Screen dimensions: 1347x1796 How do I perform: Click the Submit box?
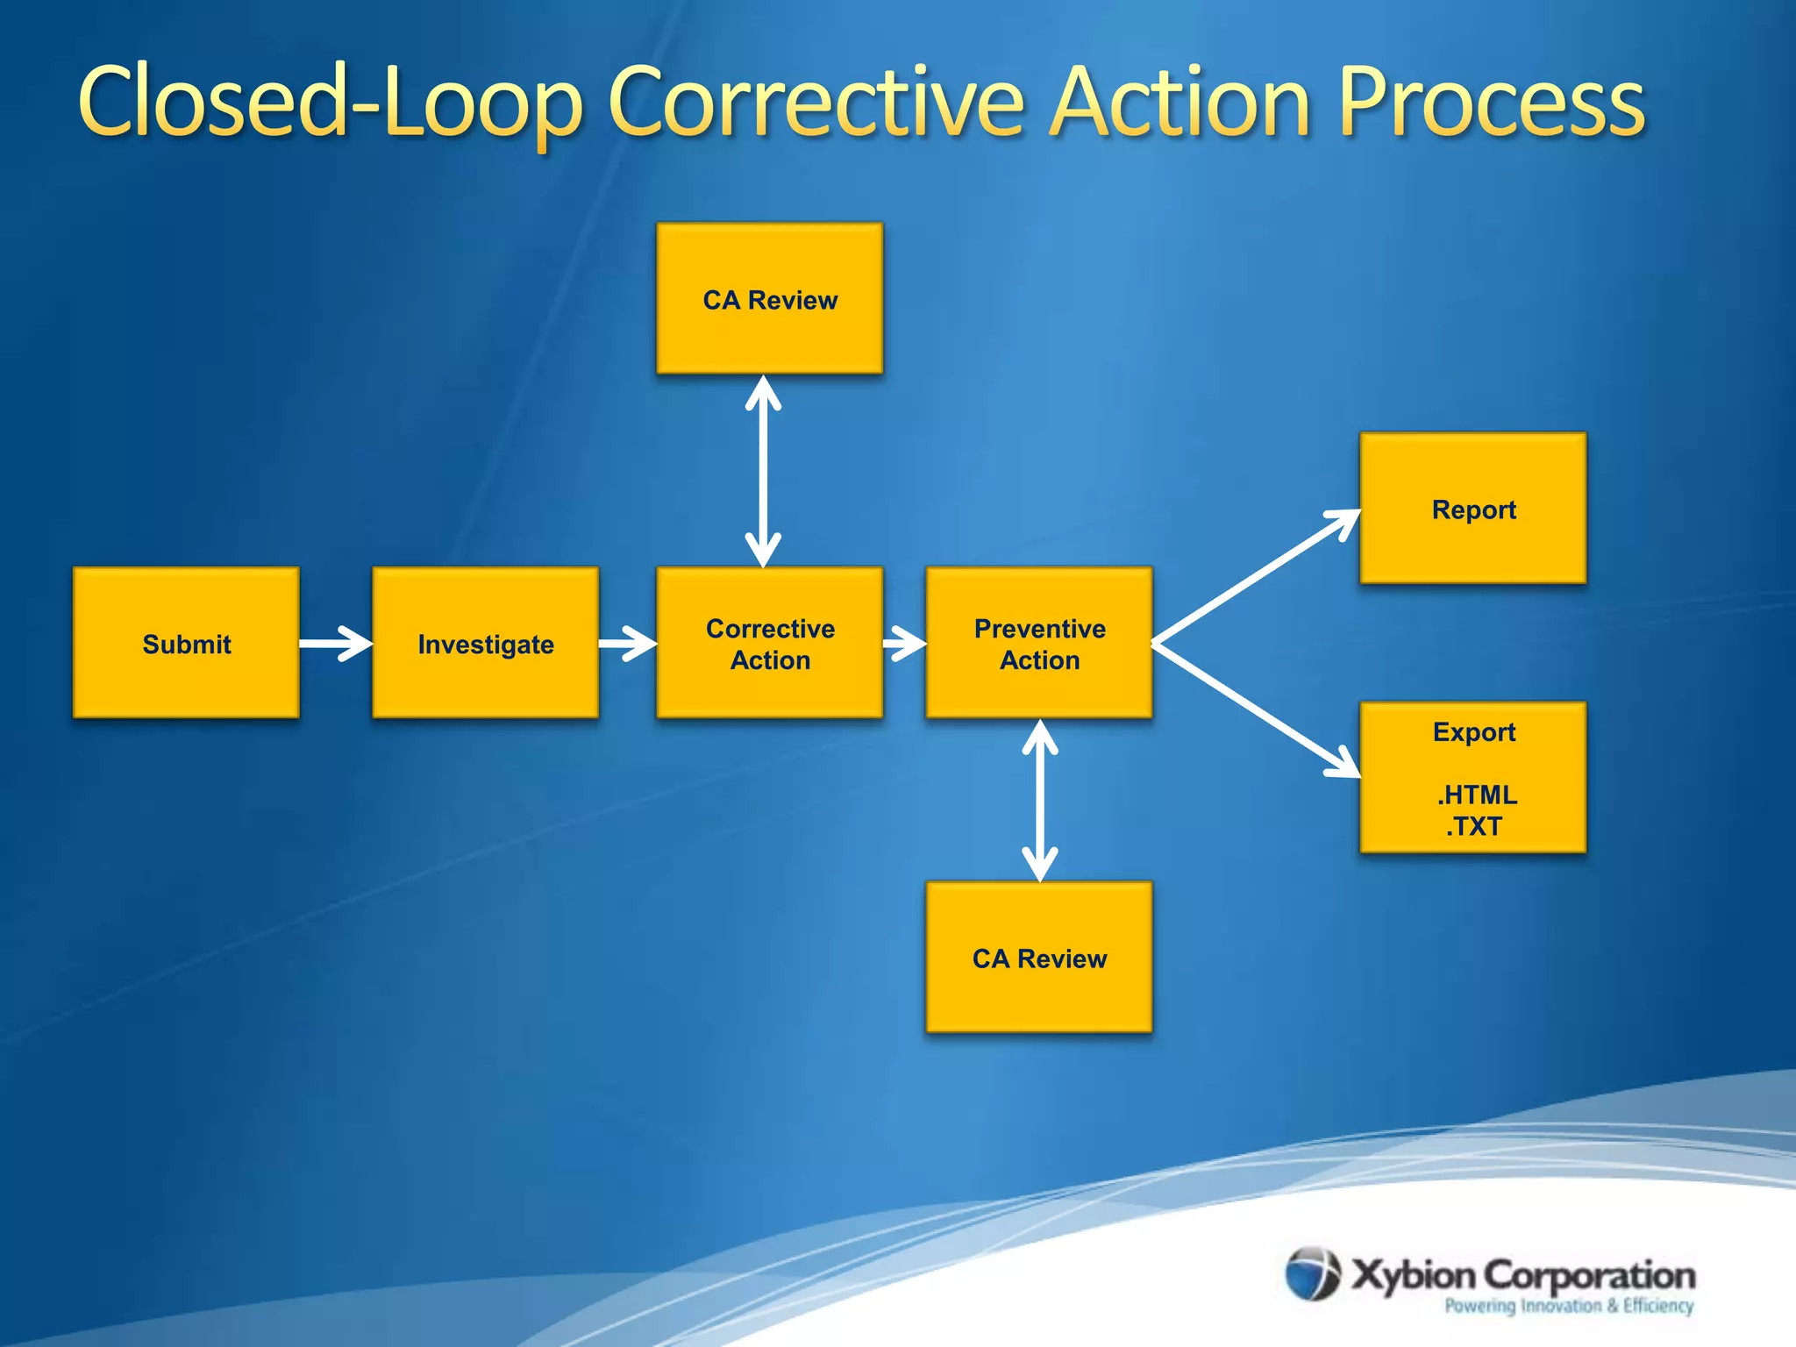click(186, 643)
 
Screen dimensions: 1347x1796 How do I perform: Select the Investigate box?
click(485, 643)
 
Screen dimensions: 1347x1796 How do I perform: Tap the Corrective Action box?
click(769, 643)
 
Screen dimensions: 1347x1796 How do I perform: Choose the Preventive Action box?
click(1039, 643)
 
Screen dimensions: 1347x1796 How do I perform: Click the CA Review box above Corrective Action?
click(769, 298)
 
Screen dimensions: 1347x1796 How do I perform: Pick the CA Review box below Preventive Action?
click(1039, 957)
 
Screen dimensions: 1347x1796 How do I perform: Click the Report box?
click(1473, 509)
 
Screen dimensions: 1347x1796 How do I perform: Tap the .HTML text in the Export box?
click(1477, 795)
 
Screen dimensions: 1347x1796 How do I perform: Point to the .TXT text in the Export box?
click(1474, 826)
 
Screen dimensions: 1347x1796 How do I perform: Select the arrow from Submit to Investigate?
click(335, 644)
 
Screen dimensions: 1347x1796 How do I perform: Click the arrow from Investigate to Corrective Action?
click(627, 644)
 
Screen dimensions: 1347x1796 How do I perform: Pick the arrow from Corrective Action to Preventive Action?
click(904, 645)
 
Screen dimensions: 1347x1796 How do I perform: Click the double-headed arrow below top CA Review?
click(763, 471)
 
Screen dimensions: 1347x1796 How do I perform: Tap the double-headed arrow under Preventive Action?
click(1040, 800)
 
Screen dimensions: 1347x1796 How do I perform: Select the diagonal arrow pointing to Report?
click(1257, 576)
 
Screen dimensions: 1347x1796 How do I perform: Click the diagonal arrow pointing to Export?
click(1257, 711)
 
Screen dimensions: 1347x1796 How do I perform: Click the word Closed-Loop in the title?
click(330, 103)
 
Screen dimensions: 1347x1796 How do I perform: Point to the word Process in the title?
click(1492, 103)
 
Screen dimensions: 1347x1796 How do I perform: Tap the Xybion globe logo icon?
click(1313, 1273)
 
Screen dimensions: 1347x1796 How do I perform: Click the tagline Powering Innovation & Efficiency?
click(1569, 1306)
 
